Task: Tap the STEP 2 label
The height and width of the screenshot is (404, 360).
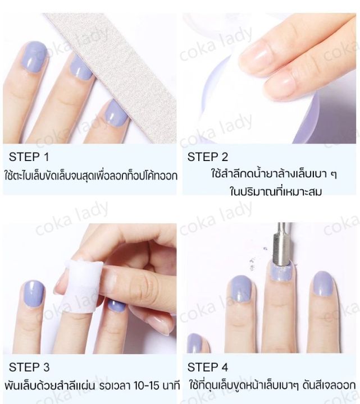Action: tap(208, 157)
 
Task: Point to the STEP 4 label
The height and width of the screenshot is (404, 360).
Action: tap(208, 368)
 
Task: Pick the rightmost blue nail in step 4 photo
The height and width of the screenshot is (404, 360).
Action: tap(322, 286)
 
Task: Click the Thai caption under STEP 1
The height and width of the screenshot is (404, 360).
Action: tap(90, 175)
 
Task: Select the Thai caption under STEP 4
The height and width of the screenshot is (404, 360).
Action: tap(272, 385)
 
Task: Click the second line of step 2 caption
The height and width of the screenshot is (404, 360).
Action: tap(268, 192)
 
